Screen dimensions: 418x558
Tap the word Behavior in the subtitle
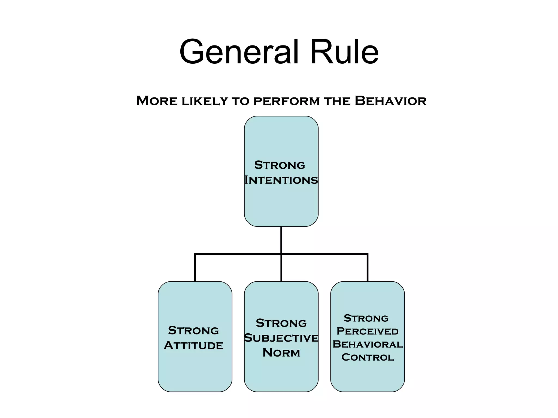point(390,101)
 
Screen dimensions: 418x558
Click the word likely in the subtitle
point(204,101)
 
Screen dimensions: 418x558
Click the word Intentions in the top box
point(281,180)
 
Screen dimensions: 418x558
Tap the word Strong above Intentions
point(280,165)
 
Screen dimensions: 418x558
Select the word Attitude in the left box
point(193,346)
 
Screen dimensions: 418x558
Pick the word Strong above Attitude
point(193,331)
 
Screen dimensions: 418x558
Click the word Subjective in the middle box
point(281,338)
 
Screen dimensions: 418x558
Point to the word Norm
point(281,353)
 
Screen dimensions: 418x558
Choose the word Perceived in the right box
point(367,331)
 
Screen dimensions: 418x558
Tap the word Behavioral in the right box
point(367,344)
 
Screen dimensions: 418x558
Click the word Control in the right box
point(367,357)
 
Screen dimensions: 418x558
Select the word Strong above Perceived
point(366,318)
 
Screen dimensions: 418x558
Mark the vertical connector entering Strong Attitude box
point(195,268)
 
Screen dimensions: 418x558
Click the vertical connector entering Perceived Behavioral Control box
point(368,268)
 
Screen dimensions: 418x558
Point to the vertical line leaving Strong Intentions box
point(281,239)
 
